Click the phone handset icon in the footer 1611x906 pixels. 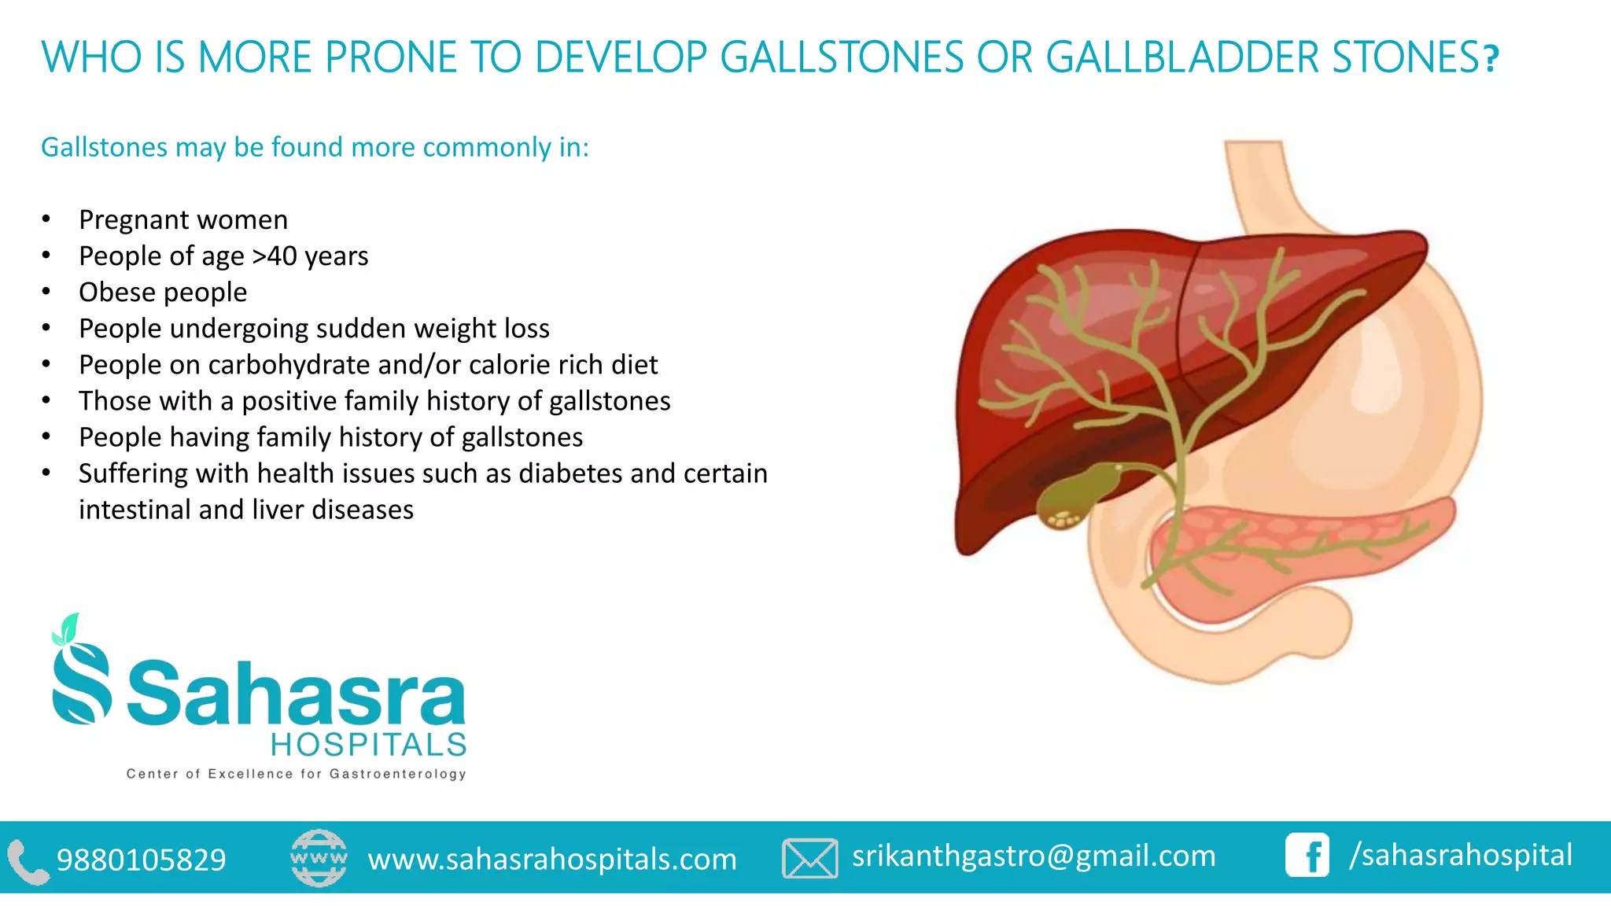pyautogui.click(x=28, y=861)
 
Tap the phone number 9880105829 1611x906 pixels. pyautogui.click(x=142, y=860)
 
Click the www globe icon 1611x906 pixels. pyautogui.click(x=319, y=857)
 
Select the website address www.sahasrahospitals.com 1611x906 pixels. pyautogui.click(x=552, y=859)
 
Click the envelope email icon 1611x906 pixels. pyautogui.click(x=809, y=858)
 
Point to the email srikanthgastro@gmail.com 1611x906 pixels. pyautogui.click(x=1034, y=856)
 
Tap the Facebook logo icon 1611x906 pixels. pyautogui.click(x=1307, y=856)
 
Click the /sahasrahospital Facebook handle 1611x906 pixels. pyautogui.click(x=1461, y=855)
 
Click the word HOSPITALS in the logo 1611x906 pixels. pyautogui.click(x=369, y=744)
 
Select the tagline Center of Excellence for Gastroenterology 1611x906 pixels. pyautogui.click(x=297, y=774)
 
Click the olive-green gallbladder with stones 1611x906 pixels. pyautogui.click(x=1071, y=495)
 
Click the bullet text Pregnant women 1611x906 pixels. pyautogui.click(x=183, y=219)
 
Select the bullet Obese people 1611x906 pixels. pyautogui.click(x=163, y=292)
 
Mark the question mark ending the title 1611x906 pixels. pyautogui.click(x=1491, y=59)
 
